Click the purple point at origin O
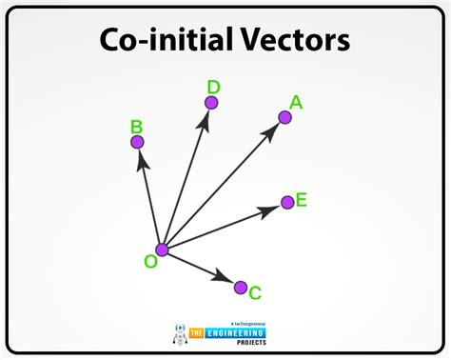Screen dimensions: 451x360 (x=162, y=250)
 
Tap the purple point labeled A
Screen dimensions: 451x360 (x=284, y=117)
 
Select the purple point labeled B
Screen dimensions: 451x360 (x=137, y=142)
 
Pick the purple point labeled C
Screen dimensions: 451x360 (x=241, y=287)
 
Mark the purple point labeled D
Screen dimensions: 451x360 (x=211, y=102)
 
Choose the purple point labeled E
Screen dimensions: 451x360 (x=287, y=202)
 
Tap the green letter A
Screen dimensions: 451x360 (x=296, y=103)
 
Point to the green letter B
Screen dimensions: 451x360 (x=136, y=126)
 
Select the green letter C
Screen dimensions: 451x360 (x=255, y=293)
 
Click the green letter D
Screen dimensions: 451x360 (x=214, y=87)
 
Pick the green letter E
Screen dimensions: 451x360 (x=301, y=200)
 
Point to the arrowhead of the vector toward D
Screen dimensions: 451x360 (x=206, y=121)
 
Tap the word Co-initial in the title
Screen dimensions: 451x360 (x=161, y=40)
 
